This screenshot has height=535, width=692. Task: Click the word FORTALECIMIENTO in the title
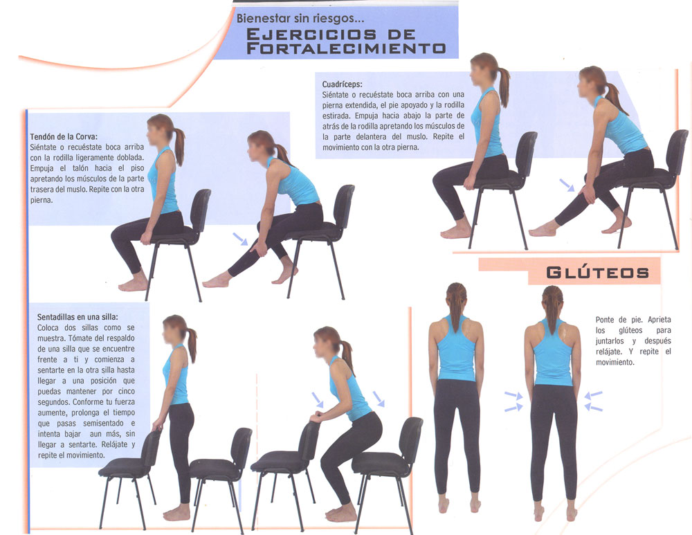click(x=345, y=48)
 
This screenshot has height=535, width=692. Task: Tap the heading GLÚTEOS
click(x=598, y=273)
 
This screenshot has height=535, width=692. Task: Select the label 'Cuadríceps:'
click(x=342, y=84)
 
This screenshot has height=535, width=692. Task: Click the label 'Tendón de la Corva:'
click(x=64, y=136)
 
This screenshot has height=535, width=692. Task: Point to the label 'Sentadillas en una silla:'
click(x=78, y=317)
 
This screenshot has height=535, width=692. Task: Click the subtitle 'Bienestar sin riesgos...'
click(x=300, y=19)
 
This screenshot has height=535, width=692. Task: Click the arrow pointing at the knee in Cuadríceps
click(x=567, y=185)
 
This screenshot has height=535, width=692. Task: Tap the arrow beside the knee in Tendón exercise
click(x=241, y=239)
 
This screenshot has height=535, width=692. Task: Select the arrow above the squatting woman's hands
click(x=318, y=400)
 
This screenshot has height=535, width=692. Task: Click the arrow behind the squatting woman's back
click(x=379, y=399)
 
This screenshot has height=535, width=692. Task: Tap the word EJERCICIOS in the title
click(x=311, y=34)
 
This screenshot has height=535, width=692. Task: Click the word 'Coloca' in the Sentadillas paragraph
click(x=48, y=327)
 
